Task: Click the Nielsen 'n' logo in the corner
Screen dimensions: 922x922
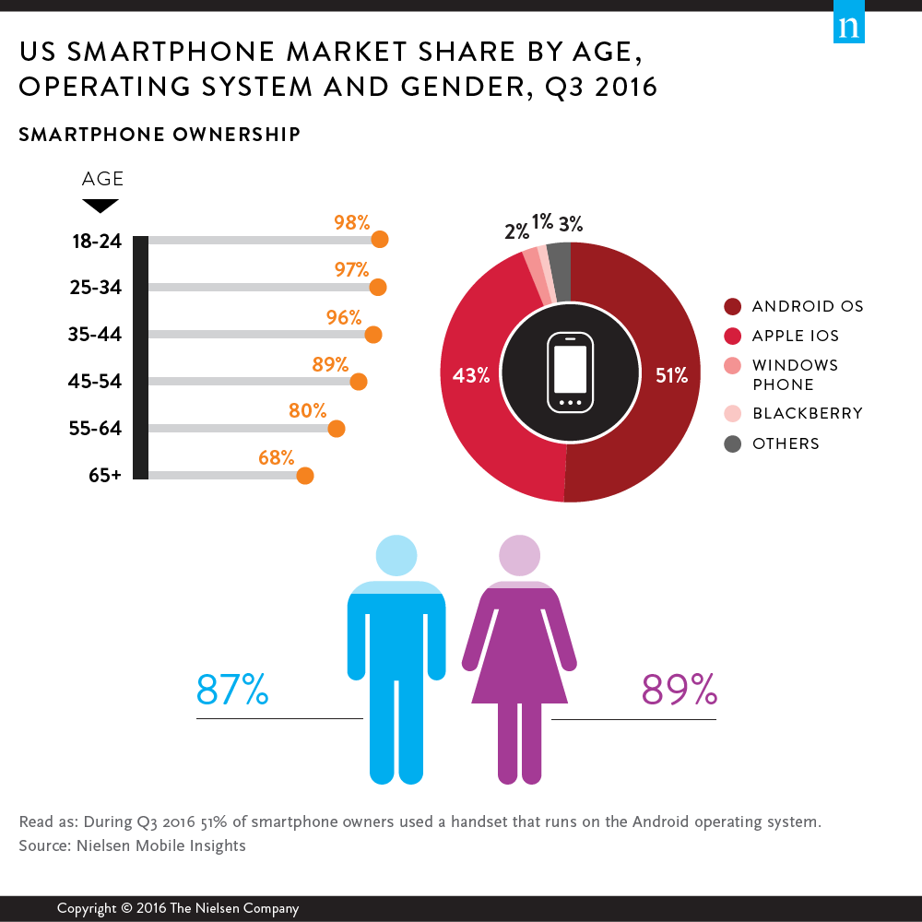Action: (x=848, y=27)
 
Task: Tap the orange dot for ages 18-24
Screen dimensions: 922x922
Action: (x=379, y=240)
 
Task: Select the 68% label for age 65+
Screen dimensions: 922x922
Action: (x=276, y=457)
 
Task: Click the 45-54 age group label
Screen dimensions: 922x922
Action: (x=95, y=382)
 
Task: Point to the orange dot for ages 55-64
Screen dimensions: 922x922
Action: (x=337, y=429)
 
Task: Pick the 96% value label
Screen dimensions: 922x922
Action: (x=343, y=317)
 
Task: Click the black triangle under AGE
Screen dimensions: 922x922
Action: (x=100, y=206)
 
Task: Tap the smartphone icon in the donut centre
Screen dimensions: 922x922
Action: (x=571, y=373)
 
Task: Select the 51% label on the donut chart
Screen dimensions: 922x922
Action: (x=671, y=375)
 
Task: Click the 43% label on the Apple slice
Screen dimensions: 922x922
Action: (x=470, y=375)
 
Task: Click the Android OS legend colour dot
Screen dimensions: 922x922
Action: (x=733, y=306)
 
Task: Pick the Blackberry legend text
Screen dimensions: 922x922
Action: (x=808, y=413)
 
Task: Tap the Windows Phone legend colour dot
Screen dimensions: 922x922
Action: (x=733, y=365)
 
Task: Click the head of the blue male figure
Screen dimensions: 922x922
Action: (x=396, y=554)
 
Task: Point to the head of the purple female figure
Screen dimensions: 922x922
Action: (x=520, y=555)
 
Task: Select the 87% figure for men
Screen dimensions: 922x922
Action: (x=232, y=689)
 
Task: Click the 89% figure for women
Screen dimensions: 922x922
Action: (x=679, y=689)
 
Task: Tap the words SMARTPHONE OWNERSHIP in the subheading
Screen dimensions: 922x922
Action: (x=160, y=135)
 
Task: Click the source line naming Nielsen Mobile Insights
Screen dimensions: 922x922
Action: (x=132, y=845)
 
